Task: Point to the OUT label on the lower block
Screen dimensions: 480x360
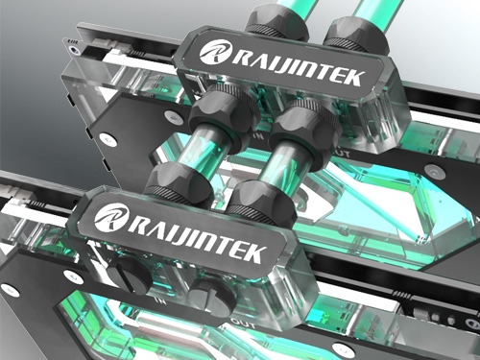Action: click(244, 324)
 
